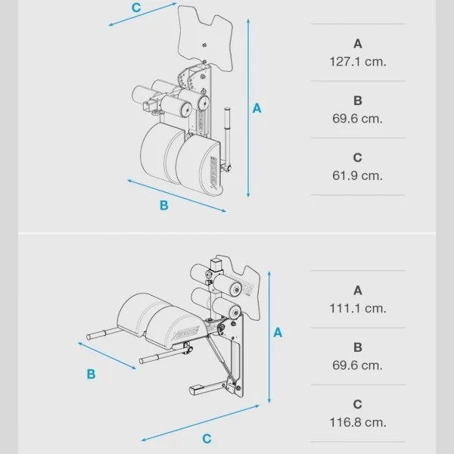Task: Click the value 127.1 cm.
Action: [358, 61]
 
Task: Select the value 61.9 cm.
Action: [358, 175]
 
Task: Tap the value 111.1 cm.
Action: [358, 308]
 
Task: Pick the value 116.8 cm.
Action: [358, 422]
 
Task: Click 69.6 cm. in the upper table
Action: [358, 118]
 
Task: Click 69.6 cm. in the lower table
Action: [358, 365]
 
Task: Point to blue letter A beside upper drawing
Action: [257, 108]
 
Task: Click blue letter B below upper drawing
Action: [163, 204]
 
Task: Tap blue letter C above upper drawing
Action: [135, 7]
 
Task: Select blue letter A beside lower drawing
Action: [278, 332]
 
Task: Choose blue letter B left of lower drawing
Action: [91, 374]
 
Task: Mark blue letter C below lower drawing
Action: [207, 438]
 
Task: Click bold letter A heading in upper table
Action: [358, 44]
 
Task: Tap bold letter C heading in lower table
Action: [358, 405]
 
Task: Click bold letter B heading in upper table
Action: [358, 101]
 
